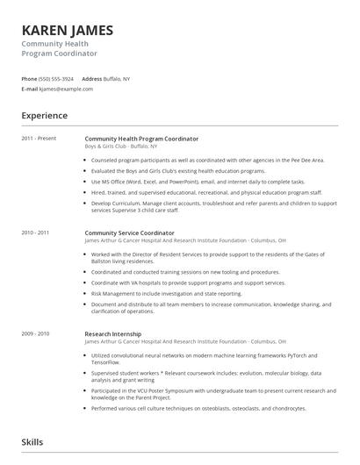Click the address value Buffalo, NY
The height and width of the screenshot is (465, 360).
pyautogui.click(x=117, y=79)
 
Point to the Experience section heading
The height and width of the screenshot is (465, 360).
pyautogui.click(x=44, y=115)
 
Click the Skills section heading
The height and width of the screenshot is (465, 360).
pyautogui.click(x=32, y=442)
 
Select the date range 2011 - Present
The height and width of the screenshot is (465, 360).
pyautogui.click(x=40, y=139)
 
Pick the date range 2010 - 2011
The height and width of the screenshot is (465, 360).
pyautogui.click(x=35, y=233)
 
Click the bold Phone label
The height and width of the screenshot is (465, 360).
pyautogui.click(x=29, y=79)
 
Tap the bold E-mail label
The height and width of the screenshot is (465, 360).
pyautogui.click(x=30, y=89)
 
